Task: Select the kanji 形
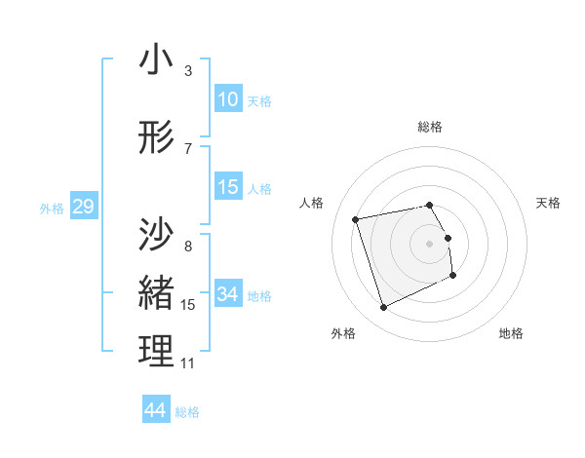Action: click(157, 139)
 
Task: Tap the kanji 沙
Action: click(157, 234)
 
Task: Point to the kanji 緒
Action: click(157, 292)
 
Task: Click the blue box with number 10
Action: click(228, 99)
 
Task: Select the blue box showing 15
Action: click(228, 187)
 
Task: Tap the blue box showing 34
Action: click(228, 293)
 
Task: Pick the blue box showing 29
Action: click(83, 207)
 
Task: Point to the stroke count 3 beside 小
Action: click(188, 71)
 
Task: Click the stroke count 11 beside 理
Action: click(188, 363)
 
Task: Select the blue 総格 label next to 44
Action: click(187, 412)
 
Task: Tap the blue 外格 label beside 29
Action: click(51, 208)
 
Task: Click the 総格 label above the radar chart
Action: click(430, 127)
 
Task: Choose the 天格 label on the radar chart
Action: click(549, 203)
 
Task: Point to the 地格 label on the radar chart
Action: click(511, 333)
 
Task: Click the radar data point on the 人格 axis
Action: click(356, 219)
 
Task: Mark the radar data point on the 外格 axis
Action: click(383, 308)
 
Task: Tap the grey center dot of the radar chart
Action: click(430, 244)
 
